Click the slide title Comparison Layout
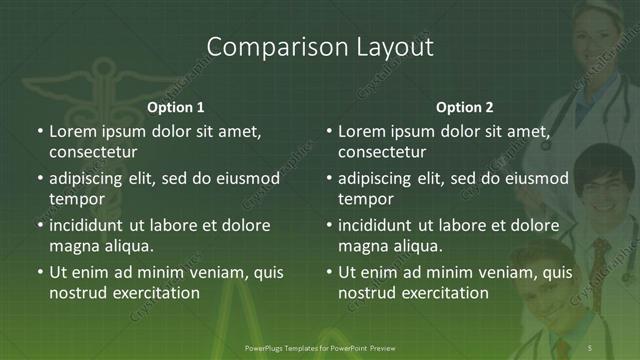320,46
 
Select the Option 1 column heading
176,107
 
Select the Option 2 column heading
465,107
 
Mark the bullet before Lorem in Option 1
39,132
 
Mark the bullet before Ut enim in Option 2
329,272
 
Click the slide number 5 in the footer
590,346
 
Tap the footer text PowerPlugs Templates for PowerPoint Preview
320,346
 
